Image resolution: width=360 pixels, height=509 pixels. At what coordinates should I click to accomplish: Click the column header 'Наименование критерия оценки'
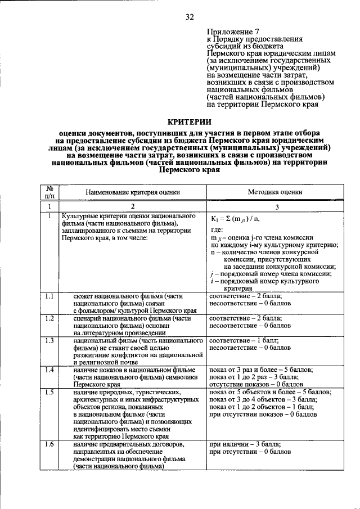(133, 192)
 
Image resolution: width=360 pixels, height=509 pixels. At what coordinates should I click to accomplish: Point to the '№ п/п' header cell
(49, 192)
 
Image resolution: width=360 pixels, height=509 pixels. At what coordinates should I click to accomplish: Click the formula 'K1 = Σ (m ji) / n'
(236, 219)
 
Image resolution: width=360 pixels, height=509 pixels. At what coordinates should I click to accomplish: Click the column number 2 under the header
(133, 207)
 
